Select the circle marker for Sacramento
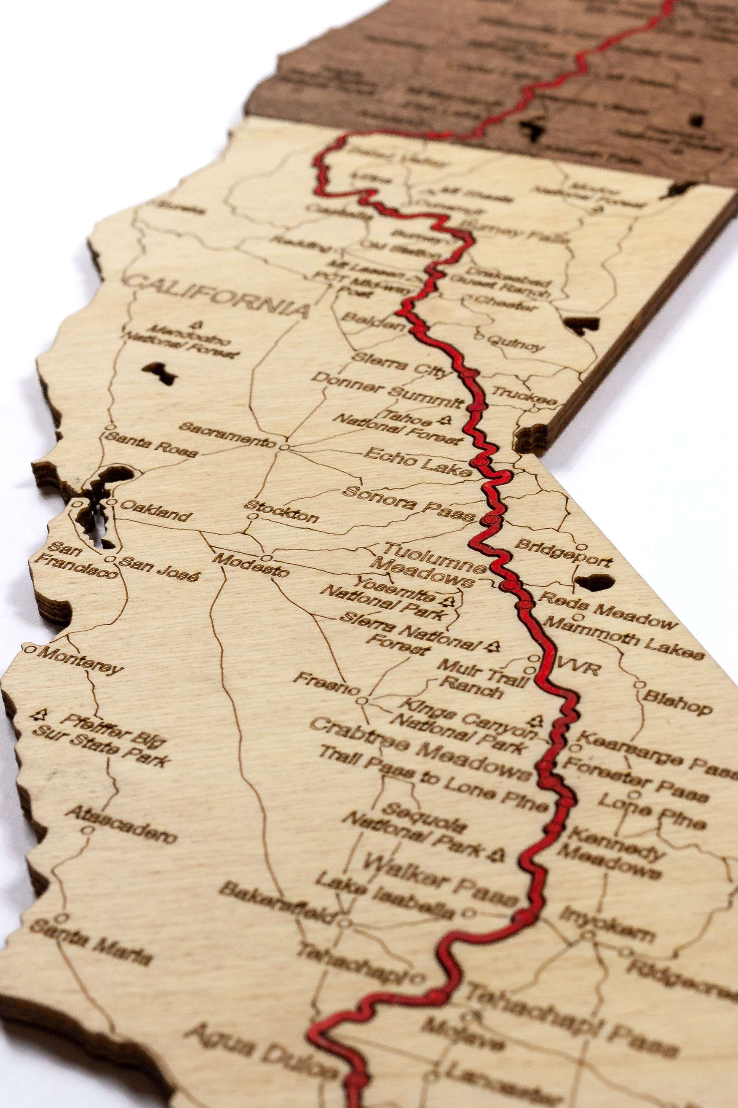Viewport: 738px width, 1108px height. click(x=284, y=446)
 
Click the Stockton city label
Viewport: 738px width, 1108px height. click(x=281, y=511)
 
